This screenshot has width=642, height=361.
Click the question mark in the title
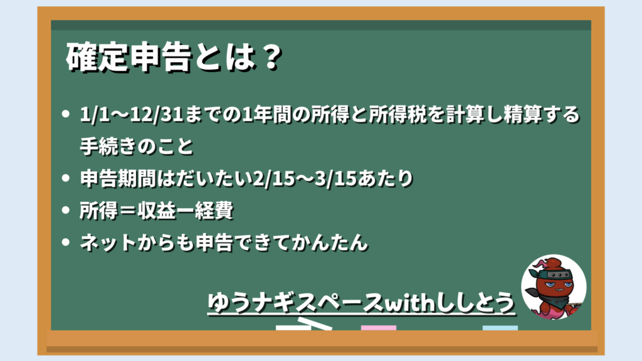(x=271, y=57)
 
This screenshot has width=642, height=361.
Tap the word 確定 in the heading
(x=97, y=57)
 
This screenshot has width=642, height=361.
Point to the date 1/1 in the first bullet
(x=95, y=114)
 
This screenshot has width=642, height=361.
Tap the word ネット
(x=108, y=243)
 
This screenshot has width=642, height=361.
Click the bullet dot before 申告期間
(x=66, y=178)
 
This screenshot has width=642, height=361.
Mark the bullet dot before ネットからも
(x=66, y=243)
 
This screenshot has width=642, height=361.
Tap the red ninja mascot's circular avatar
(x=554, y=287)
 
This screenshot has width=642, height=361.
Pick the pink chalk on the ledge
(x=379, y=328)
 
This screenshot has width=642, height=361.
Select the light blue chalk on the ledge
(x=500, y=328)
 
